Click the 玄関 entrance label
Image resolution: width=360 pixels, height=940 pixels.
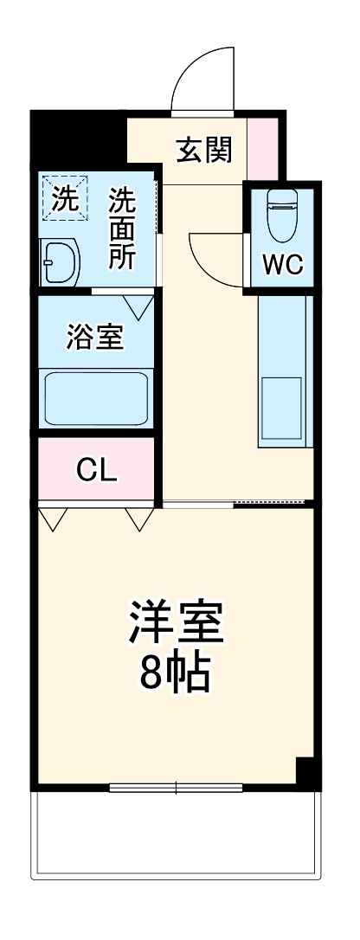(x=204, y=151)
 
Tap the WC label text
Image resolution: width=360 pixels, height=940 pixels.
(x=283, y=265)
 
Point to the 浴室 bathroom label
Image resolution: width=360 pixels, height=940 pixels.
(x=95, y=338)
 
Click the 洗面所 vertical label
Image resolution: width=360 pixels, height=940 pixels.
(x=122, y=229)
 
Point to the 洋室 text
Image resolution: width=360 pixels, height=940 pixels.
(x=177, y=621)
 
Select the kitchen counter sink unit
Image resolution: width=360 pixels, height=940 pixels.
(x=282, y=372)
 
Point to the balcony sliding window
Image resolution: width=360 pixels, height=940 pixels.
(x=176, y=787)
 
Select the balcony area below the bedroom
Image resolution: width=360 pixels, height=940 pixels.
(x=176, y=835)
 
